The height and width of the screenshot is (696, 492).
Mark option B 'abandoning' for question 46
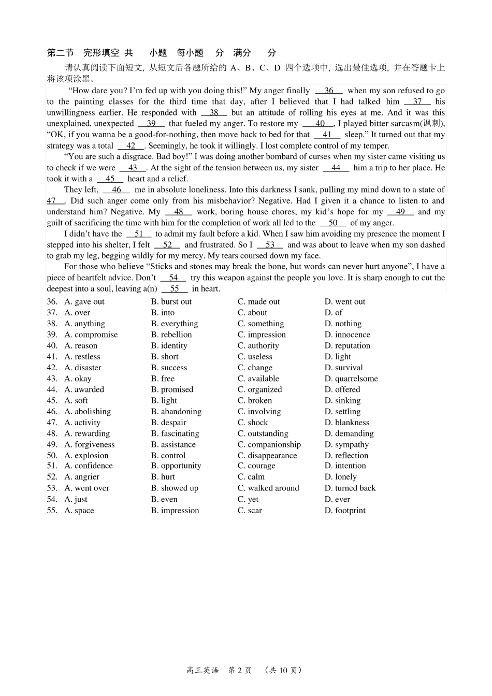pyautogui.click(x=176, y=412)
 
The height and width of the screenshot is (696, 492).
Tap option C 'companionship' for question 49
pyautogui.click(x=269, y=444)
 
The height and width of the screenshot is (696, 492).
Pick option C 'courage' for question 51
pyautogui.click(x=256, y=466)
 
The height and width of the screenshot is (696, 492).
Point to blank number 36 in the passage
pyautogui.click(x=329, y=91)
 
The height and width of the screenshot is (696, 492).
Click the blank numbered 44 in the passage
pyautogui.click(x=336, y=168)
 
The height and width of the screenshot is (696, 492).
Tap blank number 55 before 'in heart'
pyautogui.click(x=175, y=289)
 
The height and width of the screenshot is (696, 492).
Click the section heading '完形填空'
pyautogui.click(x=102, y=52)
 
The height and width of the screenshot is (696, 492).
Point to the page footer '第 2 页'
pyautogui.click(x=240, y=670)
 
